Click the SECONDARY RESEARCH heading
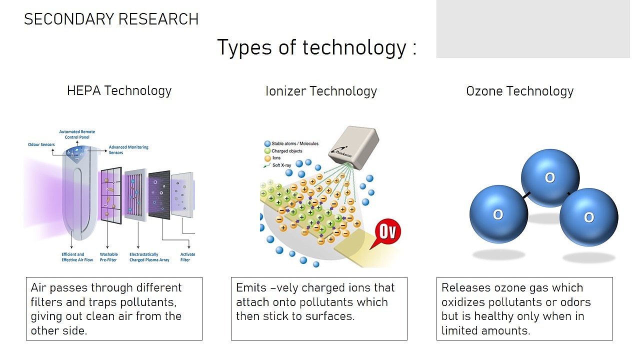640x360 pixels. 111,19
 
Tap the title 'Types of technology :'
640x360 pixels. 317,47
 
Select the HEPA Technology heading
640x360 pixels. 119,91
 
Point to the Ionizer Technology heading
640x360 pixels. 321,91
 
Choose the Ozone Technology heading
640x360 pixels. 519,91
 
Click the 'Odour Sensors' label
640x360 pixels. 41,144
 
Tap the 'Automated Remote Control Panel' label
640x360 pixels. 77,134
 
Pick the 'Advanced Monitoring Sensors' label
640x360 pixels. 128,149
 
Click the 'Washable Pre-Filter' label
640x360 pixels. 108,257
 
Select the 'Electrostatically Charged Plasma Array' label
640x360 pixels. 149,257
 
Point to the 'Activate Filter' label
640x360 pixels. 187,257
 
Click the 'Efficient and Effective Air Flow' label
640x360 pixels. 77,257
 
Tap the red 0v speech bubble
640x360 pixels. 387,232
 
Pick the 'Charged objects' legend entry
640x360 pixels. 283,151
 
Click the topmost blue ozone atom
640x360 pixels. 550,177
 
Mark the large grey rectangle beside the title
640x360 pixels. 533,29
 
